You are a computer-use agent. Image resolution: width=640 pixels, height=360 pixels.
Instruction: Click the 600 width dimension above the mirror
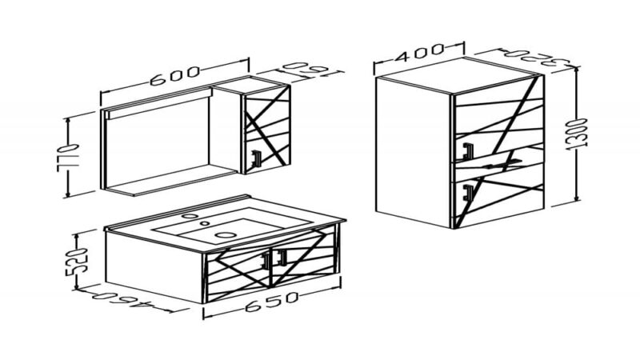(x=175, y=76)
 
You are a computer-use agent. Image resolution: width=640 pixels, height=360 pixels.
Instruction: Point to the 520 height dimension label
(x=77, y=262)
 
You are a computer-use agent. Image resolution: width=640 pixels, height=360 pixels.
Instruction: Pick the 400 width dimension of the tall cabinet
(x=419, y=53)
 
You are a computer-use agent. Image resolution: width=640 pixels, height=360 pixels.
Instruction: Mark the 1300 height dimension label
(x=576, y=134)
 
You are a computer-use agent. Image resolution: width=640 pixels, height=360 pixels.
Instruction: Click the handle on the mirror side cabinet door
(x=256, y=158)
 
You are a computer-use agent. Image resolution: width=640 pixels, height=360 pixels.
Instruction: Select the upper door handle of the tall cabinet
(x=467, y=150)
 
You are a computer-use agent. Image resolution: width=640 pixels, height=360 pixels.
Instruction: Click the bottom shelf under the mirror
(x=171, y=178)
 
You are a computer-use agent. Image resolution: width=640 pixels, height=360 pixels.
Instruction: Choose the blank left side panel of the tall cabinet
(x=413, y=152)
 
